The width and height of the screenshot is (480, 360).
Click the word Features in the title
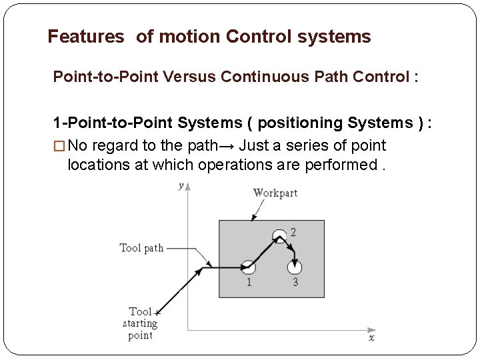pyautogui.click(x=85, y=37)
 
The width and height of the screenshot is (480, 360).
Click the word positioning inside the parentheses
pyautogui.click(x=300, y=123)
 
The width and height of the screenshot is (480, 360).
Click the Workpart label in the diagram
pyautogui.click(x=275, y=192)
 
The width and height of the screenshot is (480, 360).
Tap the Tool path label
pyautogui.click(x=141, y=248)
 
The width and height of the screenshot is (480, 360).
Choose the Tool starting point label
pyautogui.click(x=140, y=323)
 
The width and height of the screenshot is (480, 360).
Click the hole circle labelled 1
pyautogui.click(x=248, y=267)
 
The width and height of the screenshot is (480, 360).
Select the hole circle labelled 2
pyautogui.click(x=279, y=235)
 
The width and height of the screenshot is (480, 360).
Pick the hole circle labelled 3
pyautogui.click(x=294, y=267)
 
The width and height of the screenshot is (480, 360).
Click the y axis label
pyautogui.click(x=181, y=187)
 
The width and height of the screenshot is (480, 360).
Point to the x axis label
pyautogui.click(x=371, y=337)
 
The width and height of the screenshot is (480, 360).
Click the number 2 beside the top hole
pyautogui.click(x=293, y=233)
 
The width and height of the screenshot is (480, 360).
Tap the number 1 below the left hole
pyautogui.click(x=248, y=282)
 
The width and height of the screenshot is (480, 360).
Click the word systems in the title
pyautogui.click(x=333, y=37)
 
